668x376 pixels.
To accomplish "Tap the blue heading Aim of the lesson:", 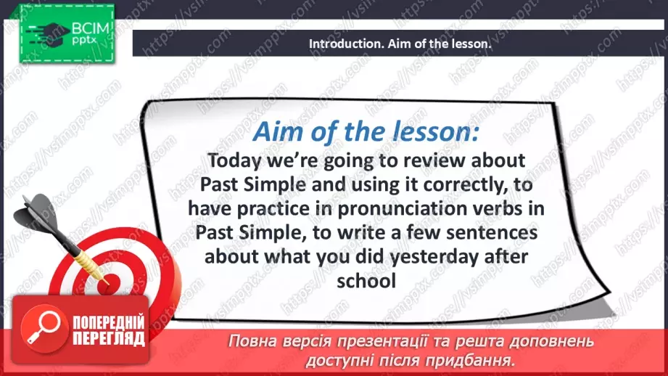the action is click(x=366, y=131).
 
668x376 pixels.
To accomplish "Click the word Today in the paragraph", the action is click(x=234, y=161).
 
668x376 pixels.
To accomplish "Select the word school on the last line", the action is click(x=366, y=281).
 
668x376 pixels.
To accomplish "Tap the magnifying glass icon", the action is click(x=44, y=327).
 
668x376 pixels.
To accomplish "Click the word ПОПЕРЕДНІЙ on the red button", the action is click(x=109, y=322).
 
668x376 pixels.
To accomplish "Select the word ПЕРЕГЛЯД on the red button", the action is click(x=109, y=338).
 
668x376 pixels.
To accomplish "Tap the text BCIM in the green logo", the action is click(x=91, y=28).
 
